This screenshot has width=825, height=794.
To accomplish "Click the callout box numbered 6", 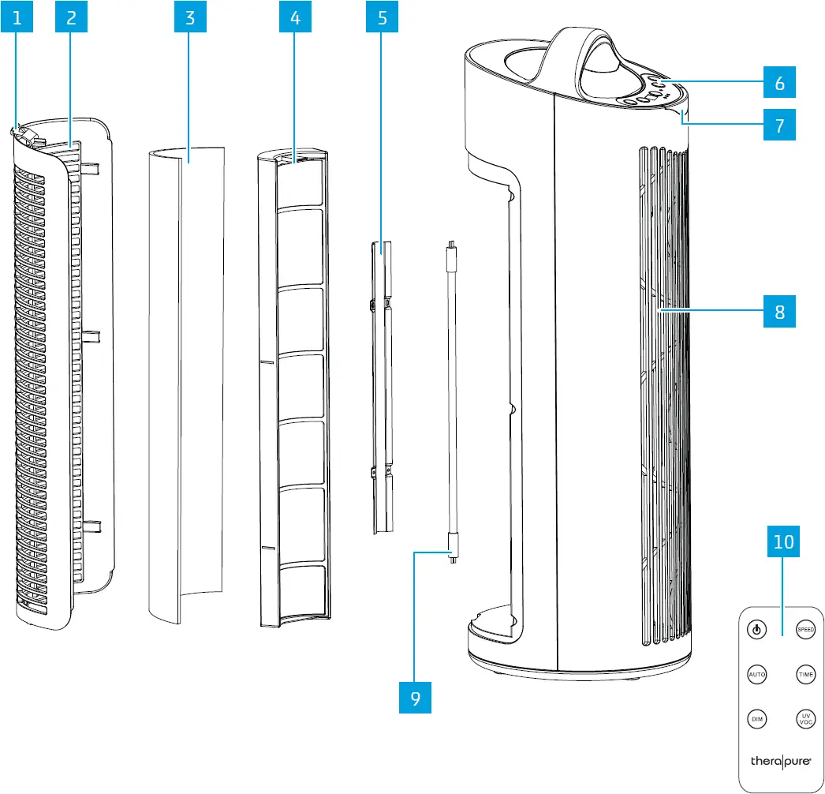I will click(779, 82).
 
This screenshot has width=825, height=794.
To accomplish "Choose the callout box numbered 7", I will click(779, 125).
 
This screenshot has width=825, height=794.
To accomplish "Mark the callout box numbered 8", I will click(779, 311).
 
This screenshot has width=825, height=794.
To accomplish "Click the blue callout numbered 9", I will click(415, 698).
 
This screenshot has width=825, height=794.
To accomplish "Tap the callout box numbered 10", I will click(783, 542).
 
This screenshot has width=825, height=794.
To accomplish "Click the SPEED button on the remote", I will click(804, 630).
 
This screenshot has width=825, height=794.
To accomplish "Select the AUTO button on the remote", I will click(756, 676).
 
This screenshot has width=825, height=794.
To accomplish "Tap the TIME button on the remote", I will click(804, 676).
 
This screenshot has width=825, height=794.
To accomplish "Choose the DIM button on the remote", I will click(756, 720).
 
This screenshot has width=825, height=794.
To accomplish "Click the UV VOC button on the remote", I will click(804, 720).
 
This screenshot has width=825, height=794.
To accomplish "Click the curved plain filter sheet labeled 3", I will click(186, 379).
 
